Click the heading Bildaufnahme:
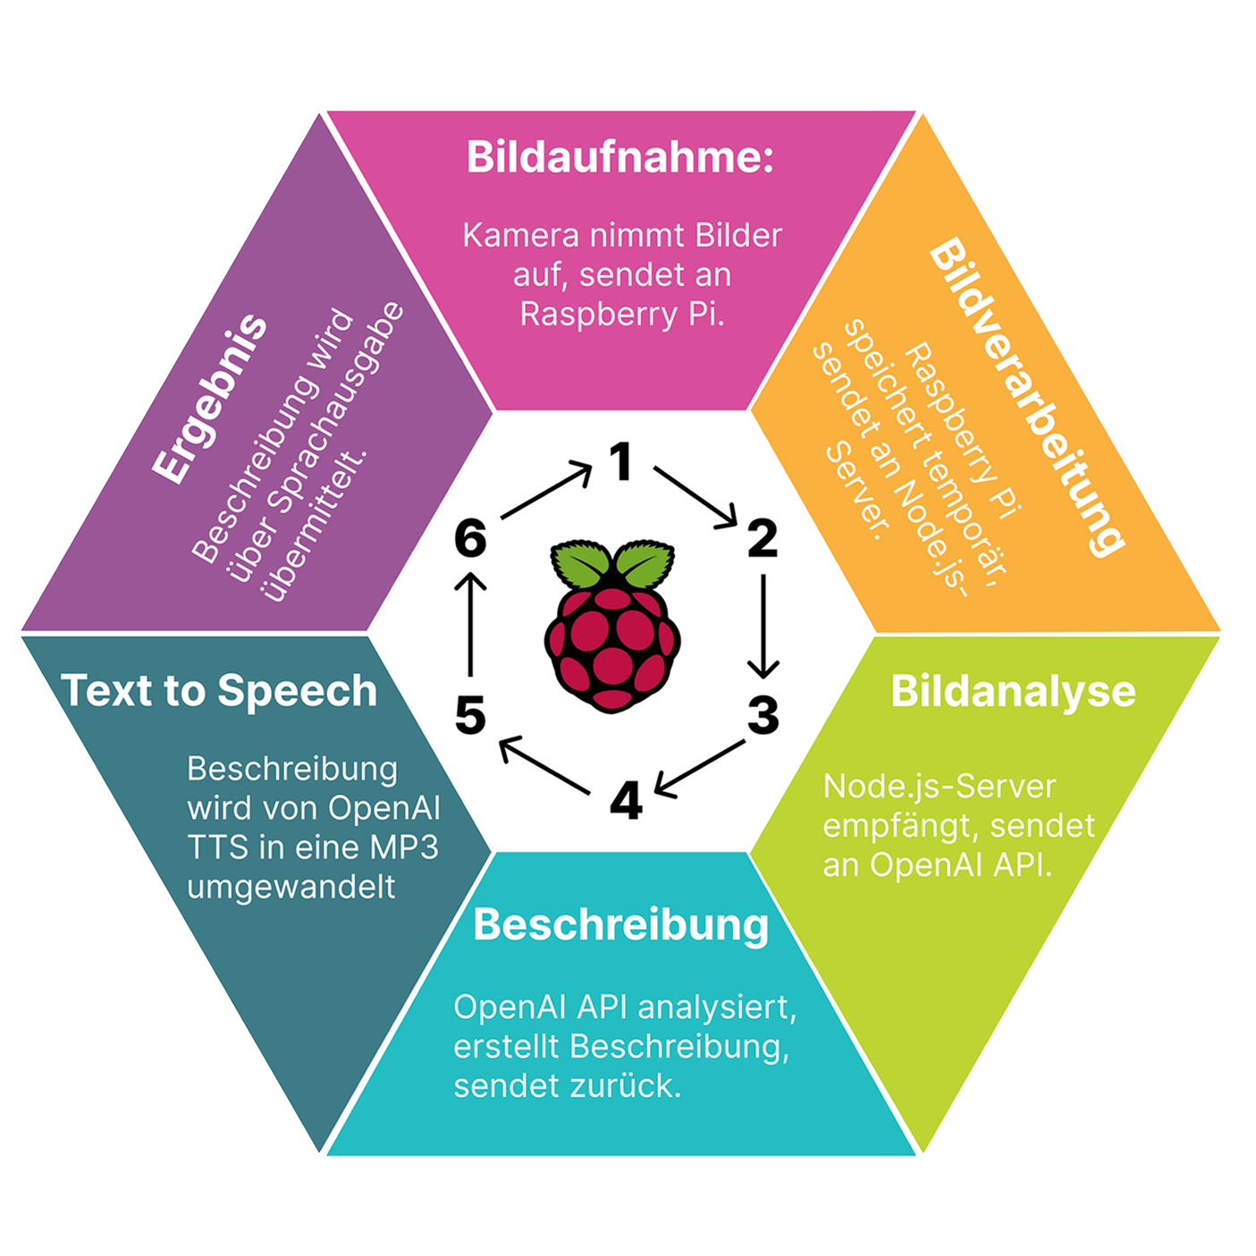click(620, 157)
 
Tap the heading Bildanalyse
click(1013, 691)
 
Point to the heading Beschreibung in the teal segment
click(620, 924)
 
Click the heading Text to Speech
click(219, 691)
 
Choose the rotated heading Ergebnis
click(210, 399)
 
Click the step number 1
click(620, 461)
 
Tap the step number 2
click(762, 538)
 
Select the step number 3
click(763, 715)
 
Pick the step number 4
click(625, 800)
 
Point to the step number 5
click(470, 715)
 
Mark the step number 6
click(470, 538)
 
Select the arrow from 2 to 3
click(763, 626)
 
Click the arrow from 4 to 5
click(544, 764)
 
